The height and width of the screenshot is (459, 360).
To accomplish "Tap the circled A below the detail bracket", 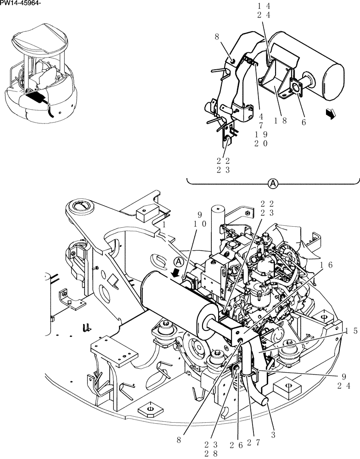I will click(273, 184).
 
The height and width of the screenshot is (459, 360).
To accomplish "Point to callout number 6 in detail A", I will click(304, 122).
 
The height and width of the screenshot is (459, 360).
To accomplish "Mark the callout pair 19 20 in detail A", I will click(260, 139).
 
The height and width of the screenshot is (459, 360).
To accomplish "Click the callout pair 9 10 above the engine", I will click(199, 220).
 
